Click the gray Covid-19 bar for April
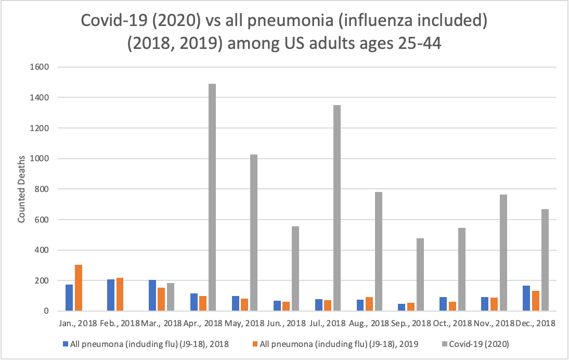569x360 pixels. [x=212, y=198]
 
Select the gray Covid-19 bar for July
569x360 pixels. [x=337, y=208]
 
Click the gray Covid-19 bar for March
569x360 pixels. [x=170, y=297]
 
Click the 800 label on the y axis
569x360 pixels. [x=42, y=189]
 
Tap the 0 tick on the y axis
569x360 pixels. [x=45, y=311]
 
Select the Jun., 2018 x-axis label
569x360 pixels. [x=286, y=324]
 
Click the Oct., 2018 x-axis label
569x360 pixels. [x=452, y=324]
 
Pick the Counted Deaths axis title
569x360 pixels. [x=21, y=188]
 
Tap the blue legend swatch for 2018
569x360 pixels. [x=65, y=343]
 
